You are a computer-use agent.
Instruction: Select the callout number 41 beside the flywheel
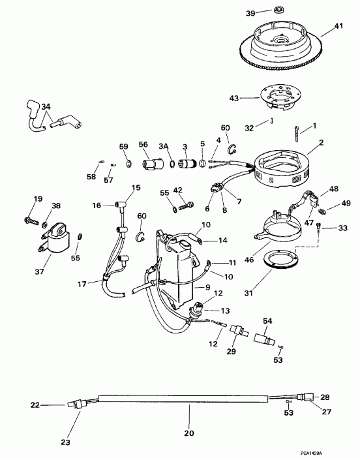338,26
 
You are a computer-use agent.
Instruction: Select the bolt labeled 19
30,221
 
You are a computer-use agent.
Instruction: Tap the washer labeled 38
44,224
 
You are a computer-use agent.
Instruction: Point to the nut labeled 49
323,210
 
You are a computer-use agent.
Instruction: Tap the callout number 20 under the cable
188,433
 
